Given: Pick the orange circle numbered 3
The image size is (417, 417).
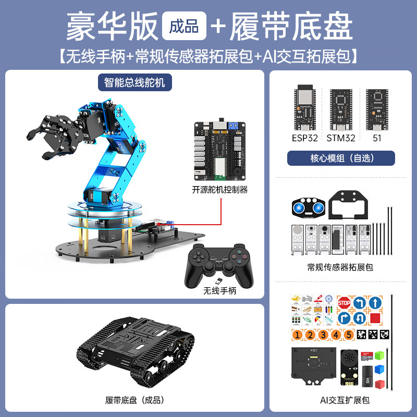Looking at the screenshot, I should coord(323,335).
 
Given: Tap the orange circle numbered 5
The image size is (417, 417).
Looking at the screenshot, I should coord(348,335).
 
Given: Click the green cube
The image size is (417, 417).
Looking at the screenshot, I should coord(379,356).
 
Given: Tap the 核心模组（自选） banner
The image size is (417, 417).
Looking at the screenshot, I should coord(341,158).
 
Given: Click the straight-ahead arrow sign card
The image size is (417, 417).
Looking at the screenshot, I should coord(373,302).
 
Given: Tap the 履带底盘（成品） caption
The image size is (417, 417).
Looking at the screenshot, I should coord(134,400).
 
